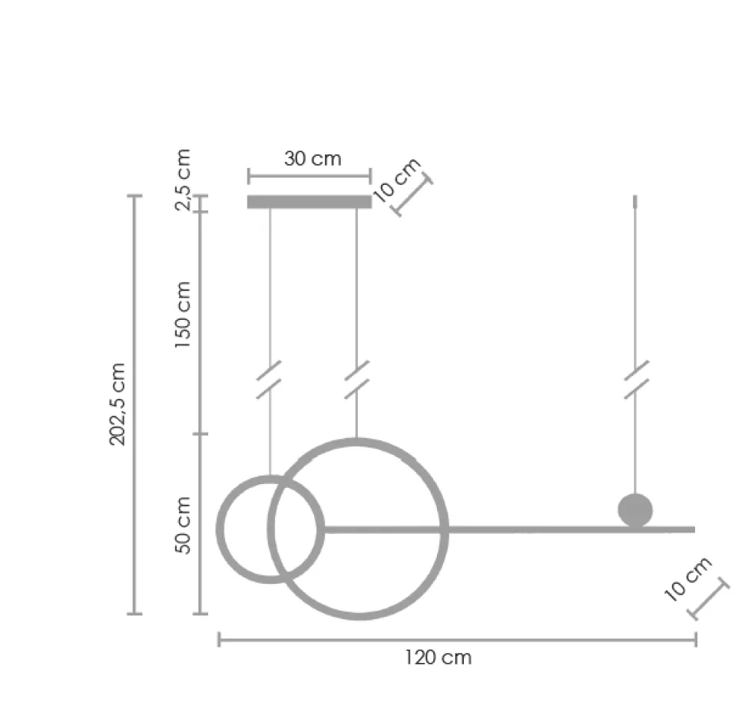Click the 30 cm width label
point(312,159)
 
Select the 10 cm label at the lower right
point(687,579)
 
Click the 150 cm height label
point(182,315)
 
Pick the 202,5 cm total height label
point(118,404)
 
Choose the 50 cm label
point(183,525)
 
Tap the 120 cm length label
point(438,657)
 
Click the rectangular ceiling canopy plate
point(310,202)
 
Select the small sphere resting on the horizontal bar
point(635,510)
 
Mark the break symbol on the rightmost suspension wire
point(636,379)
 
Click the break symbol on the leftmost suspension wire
point(269,379)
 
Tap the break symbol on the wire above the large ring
point(356,379)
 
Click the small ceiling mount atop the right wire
point(634,202)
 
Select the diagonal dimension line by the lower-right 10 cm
point(709,600)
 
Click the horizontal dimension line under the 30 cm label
point(310,176)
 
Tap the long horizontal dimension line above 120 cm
point(457,639)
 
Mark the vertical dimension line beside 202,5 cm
point(134,404)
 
